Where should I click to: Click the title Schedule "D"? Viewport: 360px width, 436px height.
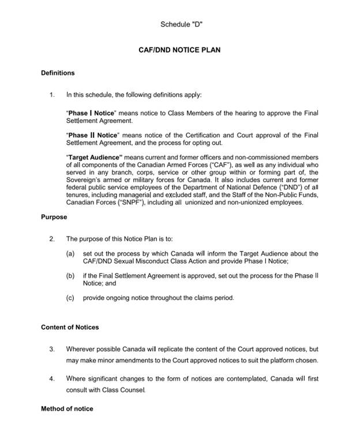(x=181, y=24)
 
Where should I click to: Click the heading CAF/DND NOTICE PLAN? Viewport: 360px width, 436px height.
(x=179, y=50)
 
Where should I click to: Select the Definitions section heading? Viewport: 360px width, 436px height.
(x=58, y=73)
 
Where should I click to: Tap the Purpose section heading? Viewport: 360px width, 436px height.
(x=54, y=217)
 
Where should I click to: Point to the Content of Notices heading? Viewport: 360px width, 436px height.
(x=70, y=327)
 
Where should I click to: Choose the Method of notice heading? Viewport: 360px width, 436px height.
(x=67, y=409)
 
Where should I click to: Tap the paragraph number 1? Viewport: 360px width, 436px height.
(x=52, y=95)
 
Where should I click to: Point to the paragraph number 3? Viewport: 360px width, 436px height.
(x=52, y=349)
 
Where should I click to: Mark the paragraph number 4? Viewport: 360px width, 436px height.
(x=52, y=378)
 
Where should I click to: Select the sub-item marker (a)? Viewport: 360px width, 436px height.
(x=71, y=254)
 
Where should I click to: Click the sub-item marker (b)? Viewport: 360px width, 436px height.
(x=71, y=276)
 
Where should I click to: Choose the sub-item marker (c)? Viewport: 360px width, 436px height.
(x=71, y=298)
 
